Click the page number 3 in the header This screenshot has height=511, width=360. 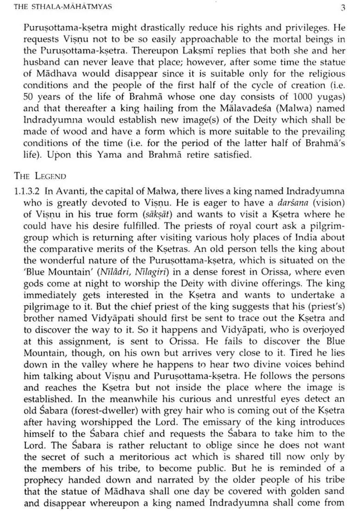tap(342, 7)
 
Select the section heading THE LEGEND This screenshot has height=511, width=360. tap(40, 176)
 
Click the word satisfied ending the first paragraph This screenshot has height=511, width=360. tap(229, 154)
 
